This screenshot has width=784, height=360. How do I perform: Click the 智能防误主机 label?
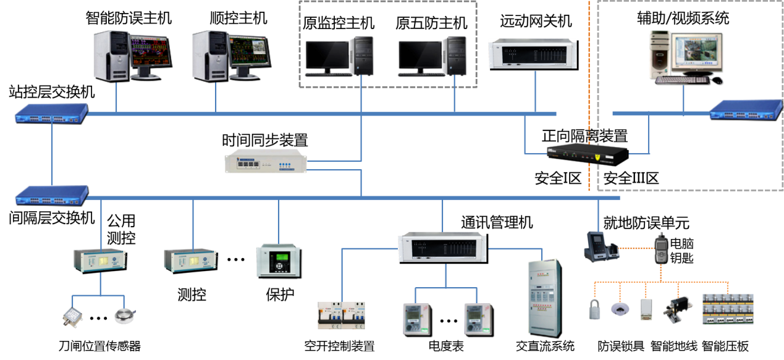(129, 18)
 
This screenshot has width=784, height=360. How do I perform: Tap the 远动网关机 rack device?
(533, 54)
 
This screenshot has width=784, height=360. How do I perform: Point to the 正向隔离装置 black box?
(588, 154)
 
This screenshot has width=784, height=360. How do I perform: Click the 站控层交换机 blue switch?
(51, 114)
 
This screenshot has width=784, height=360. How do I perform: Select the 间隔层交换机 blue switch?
(52, 195)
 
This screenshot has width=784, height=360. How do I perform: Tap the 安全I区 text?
(558, 178)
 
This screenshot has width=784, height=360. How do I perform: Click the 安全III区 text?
(631, 178)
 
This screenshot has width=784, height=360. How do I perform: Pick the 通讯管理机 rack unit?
(443, 248)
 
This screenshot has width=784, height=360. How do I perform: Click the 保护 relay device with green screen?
(279, 261)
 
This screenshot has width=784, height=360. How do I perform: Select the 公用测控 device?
(101, 261)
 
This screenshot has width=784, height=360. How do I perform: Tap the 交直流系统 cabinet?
(545, 298)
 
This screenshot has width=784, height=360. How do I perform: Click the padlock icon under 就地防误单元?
(594, 309)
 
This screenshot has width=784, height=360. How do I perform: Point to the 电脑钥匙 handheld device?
(661, 249)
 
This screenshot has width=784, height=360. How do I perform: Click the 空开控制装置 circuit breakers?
(341, 315)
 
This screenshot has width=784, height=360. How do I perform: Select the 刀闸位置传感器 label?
(99, 346)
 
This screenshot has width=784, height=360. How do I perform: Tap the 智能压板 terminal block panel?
(728, 309)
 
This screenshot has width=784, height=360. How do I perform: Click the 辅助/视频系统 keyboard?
(682, 80)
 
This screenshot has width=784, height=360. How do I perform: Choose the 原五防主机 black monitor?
(421, 58)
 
